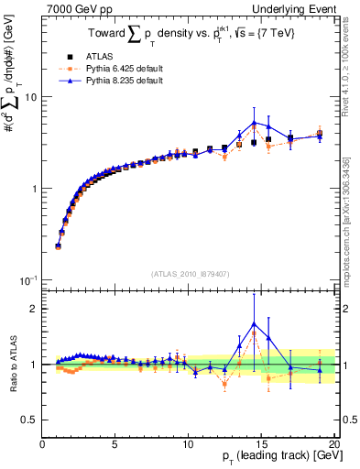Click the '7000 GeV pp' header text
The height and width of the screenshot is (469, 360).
point(74,8)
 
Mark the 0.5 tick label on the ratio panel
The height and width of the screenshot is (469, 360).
point(29,420)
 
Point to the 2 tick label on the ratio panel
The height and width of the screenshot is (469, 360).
point(34,309)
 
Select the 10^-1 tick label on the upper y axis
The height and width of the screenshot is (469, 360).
point(27,279)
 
